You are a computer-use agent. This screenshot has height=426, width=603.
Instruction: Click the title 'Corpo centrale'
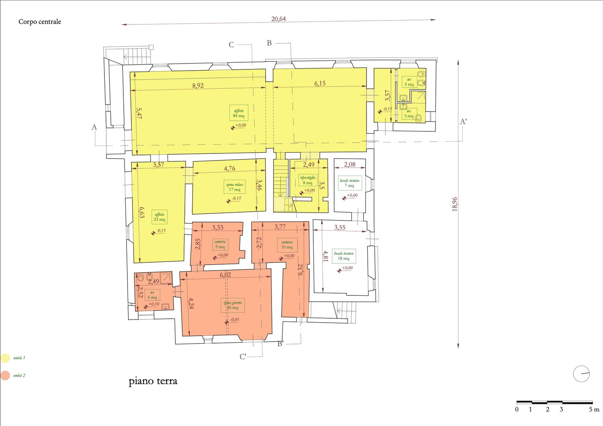[40, 22]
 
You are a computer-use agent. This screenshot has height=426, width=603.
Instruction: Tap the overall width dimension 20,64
[278, 19]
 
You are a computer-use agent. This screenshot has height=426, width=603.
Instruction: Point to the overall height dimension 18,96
[455, 204]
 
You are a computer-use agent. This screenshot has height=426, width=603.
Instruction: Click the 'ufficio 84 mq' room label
[238, 113]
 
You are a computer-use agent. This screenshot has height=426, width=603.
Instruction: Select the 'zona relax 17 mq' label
[234, 187]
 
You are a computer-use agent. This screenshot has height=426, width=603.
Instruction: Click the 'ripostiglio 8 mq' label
[307, 180]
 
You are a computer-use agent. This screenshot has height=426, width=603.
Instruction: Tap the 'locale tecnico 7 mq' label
[349, 183]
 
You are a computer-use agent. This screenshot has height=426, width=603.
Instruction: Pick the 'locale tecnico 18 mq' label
[344, 256]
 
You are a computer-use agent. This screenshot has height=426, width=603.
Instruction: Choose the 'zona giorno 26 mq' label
[233, 305]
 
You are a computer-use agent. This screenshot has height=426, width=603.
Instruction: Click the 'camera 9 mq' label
[220, 245]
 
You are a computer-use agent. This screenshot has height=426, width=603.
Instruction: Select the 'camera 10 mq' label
[287, 245]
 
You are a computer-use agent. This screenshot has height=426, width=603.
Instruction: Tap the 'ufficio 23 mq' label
[160, 217]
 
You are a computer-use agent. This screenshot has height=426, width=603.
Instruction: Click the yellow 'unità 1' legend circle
[5, 358]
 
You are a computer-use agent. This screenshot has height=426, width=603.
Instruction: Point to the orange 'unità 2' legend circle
[5, 375]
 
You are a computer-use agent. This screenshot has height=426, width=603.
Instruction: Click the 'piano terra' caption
[153, 381]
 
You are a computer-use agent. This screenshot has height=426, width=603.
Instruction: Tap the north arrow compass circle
[581, 374]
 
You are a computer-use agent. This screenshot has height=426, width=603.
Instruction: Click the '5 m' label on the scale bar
[594, 409]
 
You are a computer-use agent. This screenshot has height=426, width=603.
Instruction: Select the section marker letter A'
[463, 121]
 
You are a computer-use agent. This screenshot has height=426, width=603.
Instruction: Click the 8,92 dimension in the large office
[198, 85]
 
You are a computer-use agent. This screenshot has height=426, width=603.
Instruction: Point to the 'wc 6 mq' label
[152, 295]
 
